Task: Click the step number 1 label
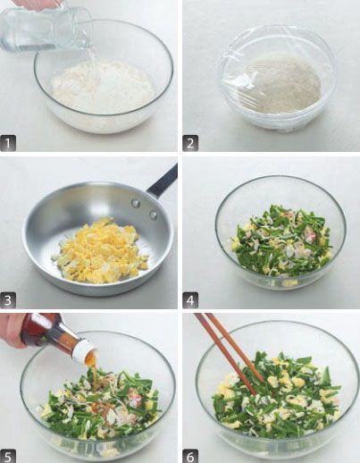click(x=8, y=143)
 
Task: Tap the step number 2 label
click(x=190, y=143)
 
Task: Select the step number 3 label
click(x=8, y=300)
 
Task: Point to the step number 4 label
click(x=190, y=300)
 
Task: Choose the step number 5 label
click(x=8, y=457)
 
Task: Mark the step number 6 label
click(x=190, y=457)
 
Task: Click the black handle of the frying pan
click(x=163, y=181)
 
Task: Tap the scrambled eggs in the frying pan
click(x=100, y=251)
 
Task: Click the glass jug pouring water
click(x=45, y=29)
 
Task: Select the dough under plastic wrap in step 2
click(x=283, y=86)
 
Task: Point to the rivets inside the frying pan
click(x=145, y=208)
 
